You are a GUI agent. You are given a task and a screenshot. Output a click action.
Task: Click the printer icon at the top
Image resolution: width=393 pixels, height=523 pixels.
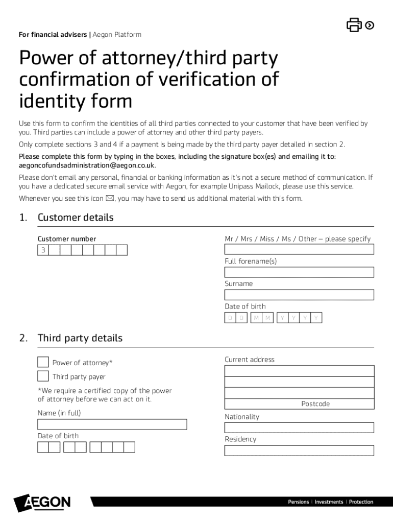point(354,25)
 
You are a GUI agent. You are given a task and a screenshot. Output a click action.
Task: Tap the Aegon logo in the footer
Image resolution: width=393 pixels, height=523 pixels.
point(42,503)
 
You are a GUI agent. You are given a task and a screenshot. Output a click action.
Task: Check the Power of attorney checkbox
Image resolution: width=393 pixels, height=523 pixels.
point(43,362)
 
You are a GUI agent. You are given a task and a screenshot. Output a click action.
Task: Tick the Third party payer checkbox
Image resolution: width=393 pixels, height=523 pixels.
point(43,376)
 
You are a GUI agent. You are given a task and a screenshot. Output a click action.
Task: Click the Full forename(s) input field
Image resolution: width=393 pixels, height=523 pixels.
point(299,272)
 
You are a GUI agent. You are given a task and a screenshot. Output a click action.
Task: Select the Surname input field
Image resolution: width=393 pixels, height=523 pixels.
point(299,295)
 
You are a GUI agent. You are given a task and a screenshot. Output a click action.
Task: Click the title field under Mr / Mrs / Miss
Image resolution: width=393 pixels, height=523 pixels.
point(299,249)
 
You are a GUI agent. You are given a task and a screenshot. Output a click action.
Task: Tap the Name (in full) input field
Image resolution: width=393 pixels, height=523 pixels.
point(112,424)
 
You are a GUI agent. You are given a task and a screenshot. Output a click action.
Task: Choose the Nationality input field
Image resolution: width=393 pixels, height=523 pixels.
point(299,427)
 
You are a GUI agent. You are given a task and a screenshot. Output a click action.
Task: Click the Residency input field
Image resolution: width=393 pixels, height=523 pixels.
point(299,450)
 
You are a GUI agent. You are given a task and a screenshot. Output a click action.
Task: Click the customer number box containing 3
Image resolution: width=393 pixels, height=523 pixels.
point(43,250)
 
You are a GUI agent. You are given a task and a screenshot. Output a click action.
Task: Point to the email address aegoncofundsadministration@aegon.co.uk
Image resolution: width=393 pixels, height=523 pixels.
point(87,165)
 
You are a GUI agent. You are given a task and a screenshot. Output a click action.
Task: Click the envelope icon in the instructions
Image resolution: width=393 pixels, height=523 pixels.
point(110,198)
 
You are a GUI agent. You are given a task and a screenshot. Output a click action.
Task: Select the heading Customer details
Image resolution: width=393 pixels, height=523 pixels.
point(76,218)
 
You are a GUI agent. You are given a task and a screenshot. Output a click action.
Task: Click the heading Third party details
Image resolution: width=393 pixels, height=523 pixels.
point(80,338)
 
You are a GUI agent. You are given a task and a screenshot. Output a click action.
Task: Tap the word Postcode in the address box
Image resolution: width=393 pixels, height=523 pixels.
point(315,404)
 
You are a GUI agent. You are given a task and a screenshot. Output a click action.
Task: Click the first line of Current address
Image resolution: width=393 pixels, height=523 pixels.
point(299,371)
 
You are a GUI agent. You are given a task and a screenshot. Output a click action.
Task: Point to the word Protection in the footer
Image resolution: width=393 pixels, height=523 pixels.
point(361,502)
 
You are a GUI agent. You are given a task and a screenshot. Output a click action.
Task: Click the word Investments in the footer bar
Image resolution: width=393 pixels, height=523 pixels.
point(329,502)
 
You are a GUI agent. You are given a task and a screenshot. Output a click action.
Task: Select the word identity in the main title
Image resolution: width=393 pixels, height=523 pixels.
point(49,101)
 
